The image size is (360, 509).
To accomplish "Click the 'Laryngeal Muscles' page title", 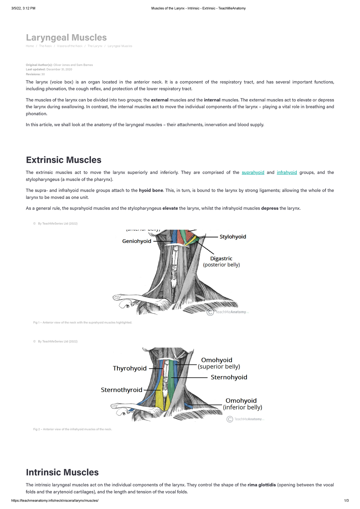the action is point(66,37).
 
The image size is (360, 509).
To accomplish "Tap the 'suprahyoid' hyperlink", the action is point(253,172).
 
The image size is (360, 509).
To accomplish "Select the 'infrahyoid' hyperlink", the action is point(287,172).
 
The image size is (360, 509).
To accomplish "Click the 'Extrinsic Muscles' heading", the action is point(64,160).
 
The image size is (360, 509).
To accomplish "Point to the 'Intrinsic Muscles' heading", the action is point(62,472).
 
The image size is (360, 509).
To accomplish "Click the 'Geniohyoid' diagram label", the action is point(136,241).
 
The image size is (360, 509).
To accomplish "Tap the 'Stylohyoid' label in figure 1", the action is point(233,237).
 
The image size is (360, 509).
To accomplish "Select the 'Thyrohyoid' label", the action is point(130,368).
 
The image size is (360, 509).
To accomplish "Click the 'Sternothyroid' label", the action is point(121,390).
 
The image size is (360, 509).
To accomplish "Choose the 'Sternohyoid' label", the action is point(229,377).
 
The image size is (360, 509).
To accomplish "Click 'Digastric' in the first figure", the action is point(221,259).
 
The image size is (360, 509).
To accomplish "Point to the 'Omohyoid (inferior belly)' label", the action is point(242,404).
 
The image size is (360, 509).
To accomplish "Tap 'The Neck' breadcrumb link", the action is point(45,46).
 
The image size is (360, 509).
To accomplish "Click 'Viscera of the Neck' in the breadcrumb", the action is point(70,46).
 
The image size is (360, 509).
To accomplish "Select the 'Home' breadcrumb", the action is point(30,46).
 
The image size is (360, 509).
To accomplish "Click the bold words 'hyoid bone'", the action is point(151,190).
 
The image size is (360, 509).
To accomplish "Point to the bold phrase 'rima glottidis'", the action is point(262,485).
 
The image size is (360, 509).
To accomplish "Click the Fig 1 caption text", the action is point(82,323).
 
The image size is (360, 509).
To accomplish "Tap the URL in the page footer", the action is point(55,501).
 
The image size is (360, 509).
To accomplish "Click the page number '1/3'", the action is point(346,501).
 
